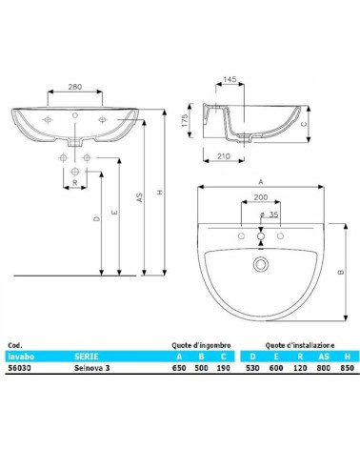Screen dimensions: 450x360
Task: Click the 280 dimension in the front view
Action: (73, 87)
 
